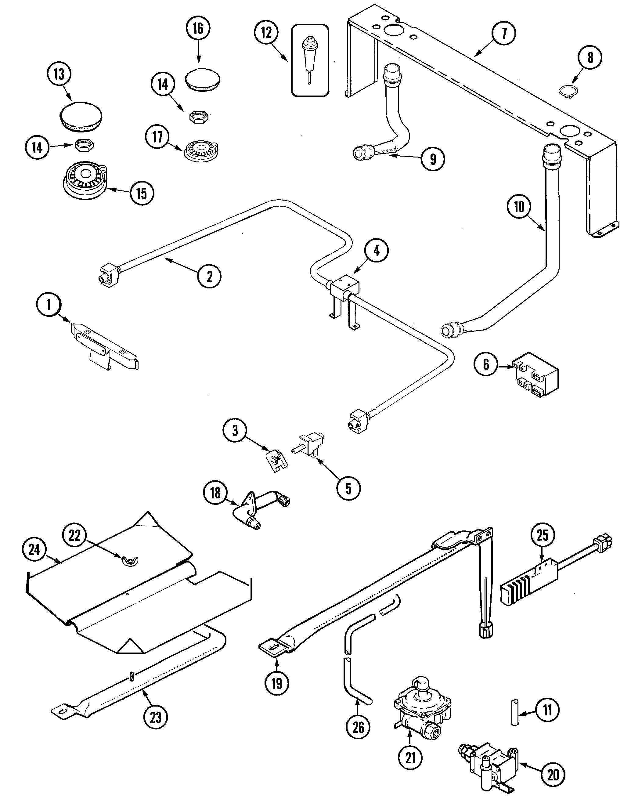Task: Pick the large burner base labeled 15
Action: click(x=84, y=180)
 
